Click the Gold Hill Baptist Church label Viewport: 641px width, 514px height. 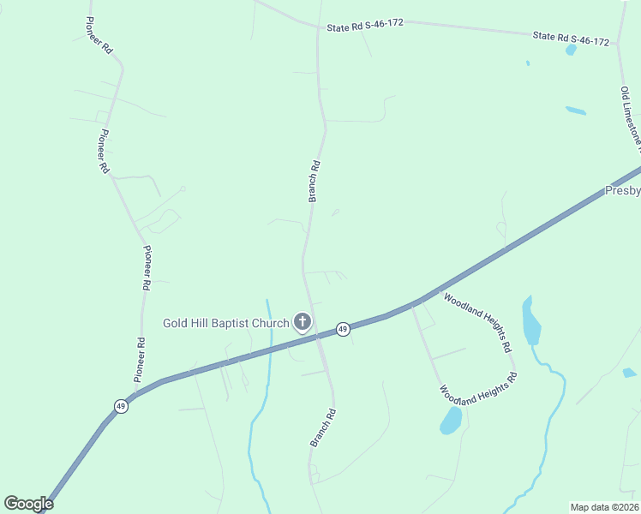[226, 323]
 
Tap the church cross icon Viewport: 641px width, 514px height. [302, 322]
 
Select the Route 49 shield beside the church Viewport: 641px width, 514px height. [342, 329]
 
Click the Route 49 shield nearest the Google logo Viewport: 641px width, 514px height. [122, 406]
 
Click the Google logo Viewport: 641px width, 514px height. [28, 504]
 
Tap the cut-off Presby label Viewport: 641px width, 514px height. [623, 190]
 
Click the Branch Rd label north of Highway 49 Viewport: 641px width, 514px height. [315, 181]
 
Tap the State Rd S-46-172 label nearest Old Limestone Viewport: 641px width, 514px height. [571, 39]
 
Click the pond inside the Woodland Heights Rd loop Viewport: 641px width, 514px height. [451, 420]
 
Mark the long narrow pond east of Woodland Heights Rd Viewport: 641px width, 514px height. [531, 320]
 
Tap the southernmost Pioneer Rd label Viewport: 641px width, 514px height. [140, 359]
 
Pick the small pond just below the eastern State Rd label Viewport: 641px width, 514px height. [571, 51]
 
